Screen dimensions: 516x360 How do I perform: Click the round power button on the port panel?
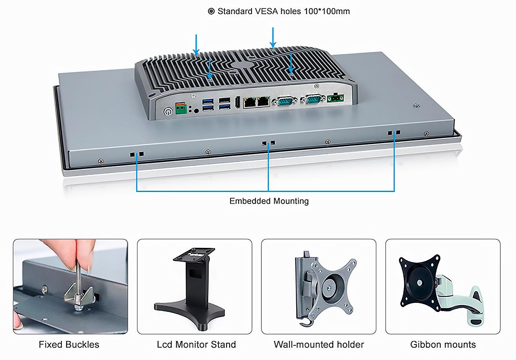click(x=168, y=112)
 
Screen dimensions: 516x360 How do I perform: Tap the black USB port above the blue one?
click(x=224, y=100)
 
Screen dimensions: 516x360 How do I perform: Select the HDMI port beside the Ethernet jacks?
click(x=237, y=102)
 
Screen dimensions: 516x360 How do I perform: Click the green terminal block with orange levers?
click(x=181, y=108)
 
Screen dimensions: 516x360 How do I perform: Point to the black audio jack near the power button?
click(x=196, y=111)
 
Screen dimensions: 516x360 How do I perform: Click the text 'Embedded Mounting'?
click(x=269, y=201)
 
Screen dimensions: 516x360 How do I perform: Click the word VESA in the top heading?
click(x=267, y=11)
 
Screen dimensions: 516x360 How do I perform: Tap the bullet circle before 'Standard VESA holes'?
click(x=211, y=11)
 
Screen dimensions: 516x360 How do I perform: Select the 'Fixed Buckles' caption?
click(x=69, y=345)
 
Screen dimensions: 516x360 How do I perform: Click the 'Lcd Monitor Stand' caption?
click(x=196, y=345)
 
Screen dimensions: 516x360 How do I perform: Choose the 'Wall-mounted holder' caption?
click(x=319, y=345)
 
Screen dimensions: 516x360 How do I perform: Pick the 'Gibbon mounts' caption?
click(x=443, y=345)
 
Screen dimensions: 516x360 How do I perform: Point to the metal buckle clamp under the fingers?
click(x=80, y=295)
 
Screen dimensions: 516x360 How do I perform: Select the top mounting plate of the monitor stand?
click(x=194, y=254)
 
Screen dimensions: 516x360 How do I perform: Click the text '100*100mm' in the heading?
click(x=327, y=11)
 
